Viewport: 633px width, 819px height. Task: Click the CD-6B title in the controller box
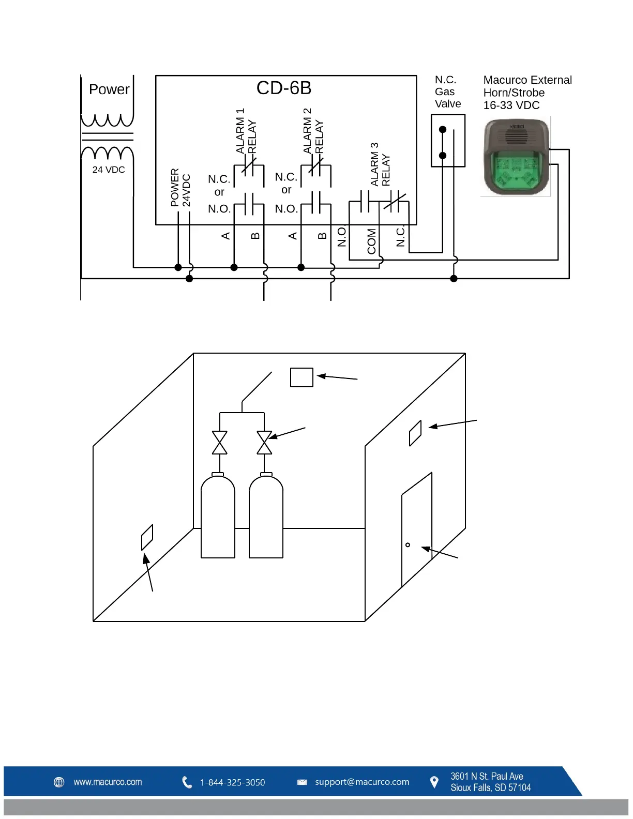coord(284,88)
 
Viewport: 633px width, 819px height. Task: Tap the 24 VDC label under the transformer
coord(109,170)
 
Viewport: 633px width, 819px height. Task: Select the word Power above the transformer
coord(109,89)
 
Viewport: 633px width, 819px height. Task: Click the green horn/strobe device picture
coord(516,157)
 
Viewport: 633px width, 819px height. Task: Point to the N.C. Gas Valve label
coord(447,92)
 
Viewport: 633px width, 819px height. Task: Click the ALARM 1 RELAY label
coord(246,131)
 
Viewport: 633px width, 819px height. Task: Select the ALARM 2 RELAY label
coord(313,131)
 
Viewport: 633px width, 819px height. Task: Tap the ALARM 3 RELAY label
coord(380,164)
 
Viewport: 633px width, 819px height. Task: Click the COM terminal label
coord(371,241)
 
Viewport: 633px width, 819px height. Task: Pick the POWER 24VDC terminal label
coord(180,188)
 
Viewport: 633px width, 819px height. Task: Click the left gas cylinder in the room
coord(218,517)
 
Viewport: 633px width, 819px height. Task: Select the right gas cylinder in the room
coord(266,517)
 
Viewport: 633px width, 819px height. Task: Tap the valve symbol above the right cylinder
coord(264,443)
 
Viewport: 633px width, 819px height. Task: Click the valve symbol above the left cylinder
coord(220,443)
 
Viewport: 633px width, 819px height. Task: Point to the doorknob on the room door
coord(408,545)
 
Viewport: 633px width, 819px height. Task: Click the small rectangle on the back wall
coord(302,377)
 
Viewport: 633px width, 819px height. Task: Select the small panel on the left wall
coord(147,538)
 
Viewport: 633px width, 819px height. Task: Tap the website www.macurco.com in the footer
coord(108,782)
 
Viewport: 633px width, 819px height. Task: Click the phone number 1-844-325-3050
coord(232,783)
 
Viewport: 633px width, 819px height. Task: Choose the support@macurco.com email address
coord(362,782)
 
